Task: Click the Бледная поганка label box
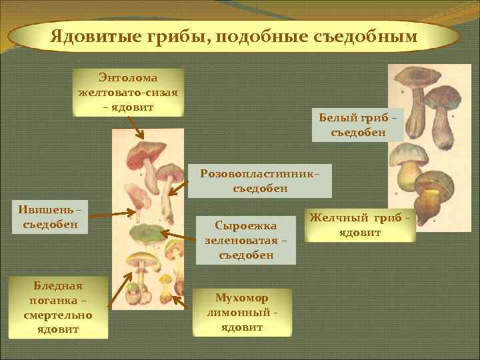[x=58, y=307]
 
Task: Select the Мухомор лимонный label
[x=243, y=312]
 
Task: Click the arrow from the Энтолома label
[x=133, y=129]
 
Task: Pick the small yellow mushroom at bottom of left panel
[x=164, y=290]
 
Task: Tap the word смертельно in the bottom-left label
[x=58, y=315]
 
